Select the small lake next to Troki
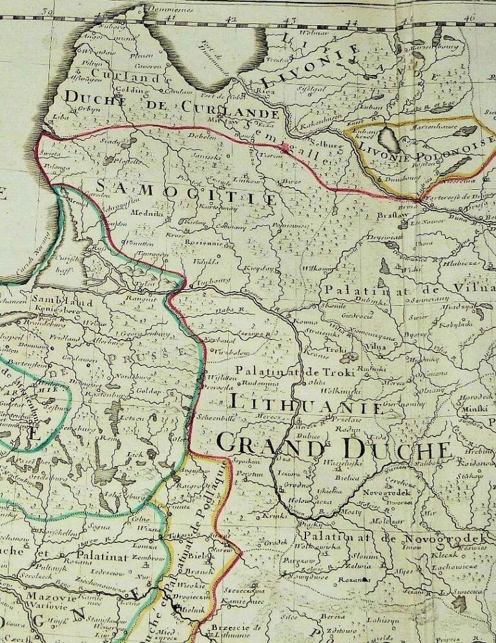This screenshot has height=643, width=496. pos(349,357)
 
